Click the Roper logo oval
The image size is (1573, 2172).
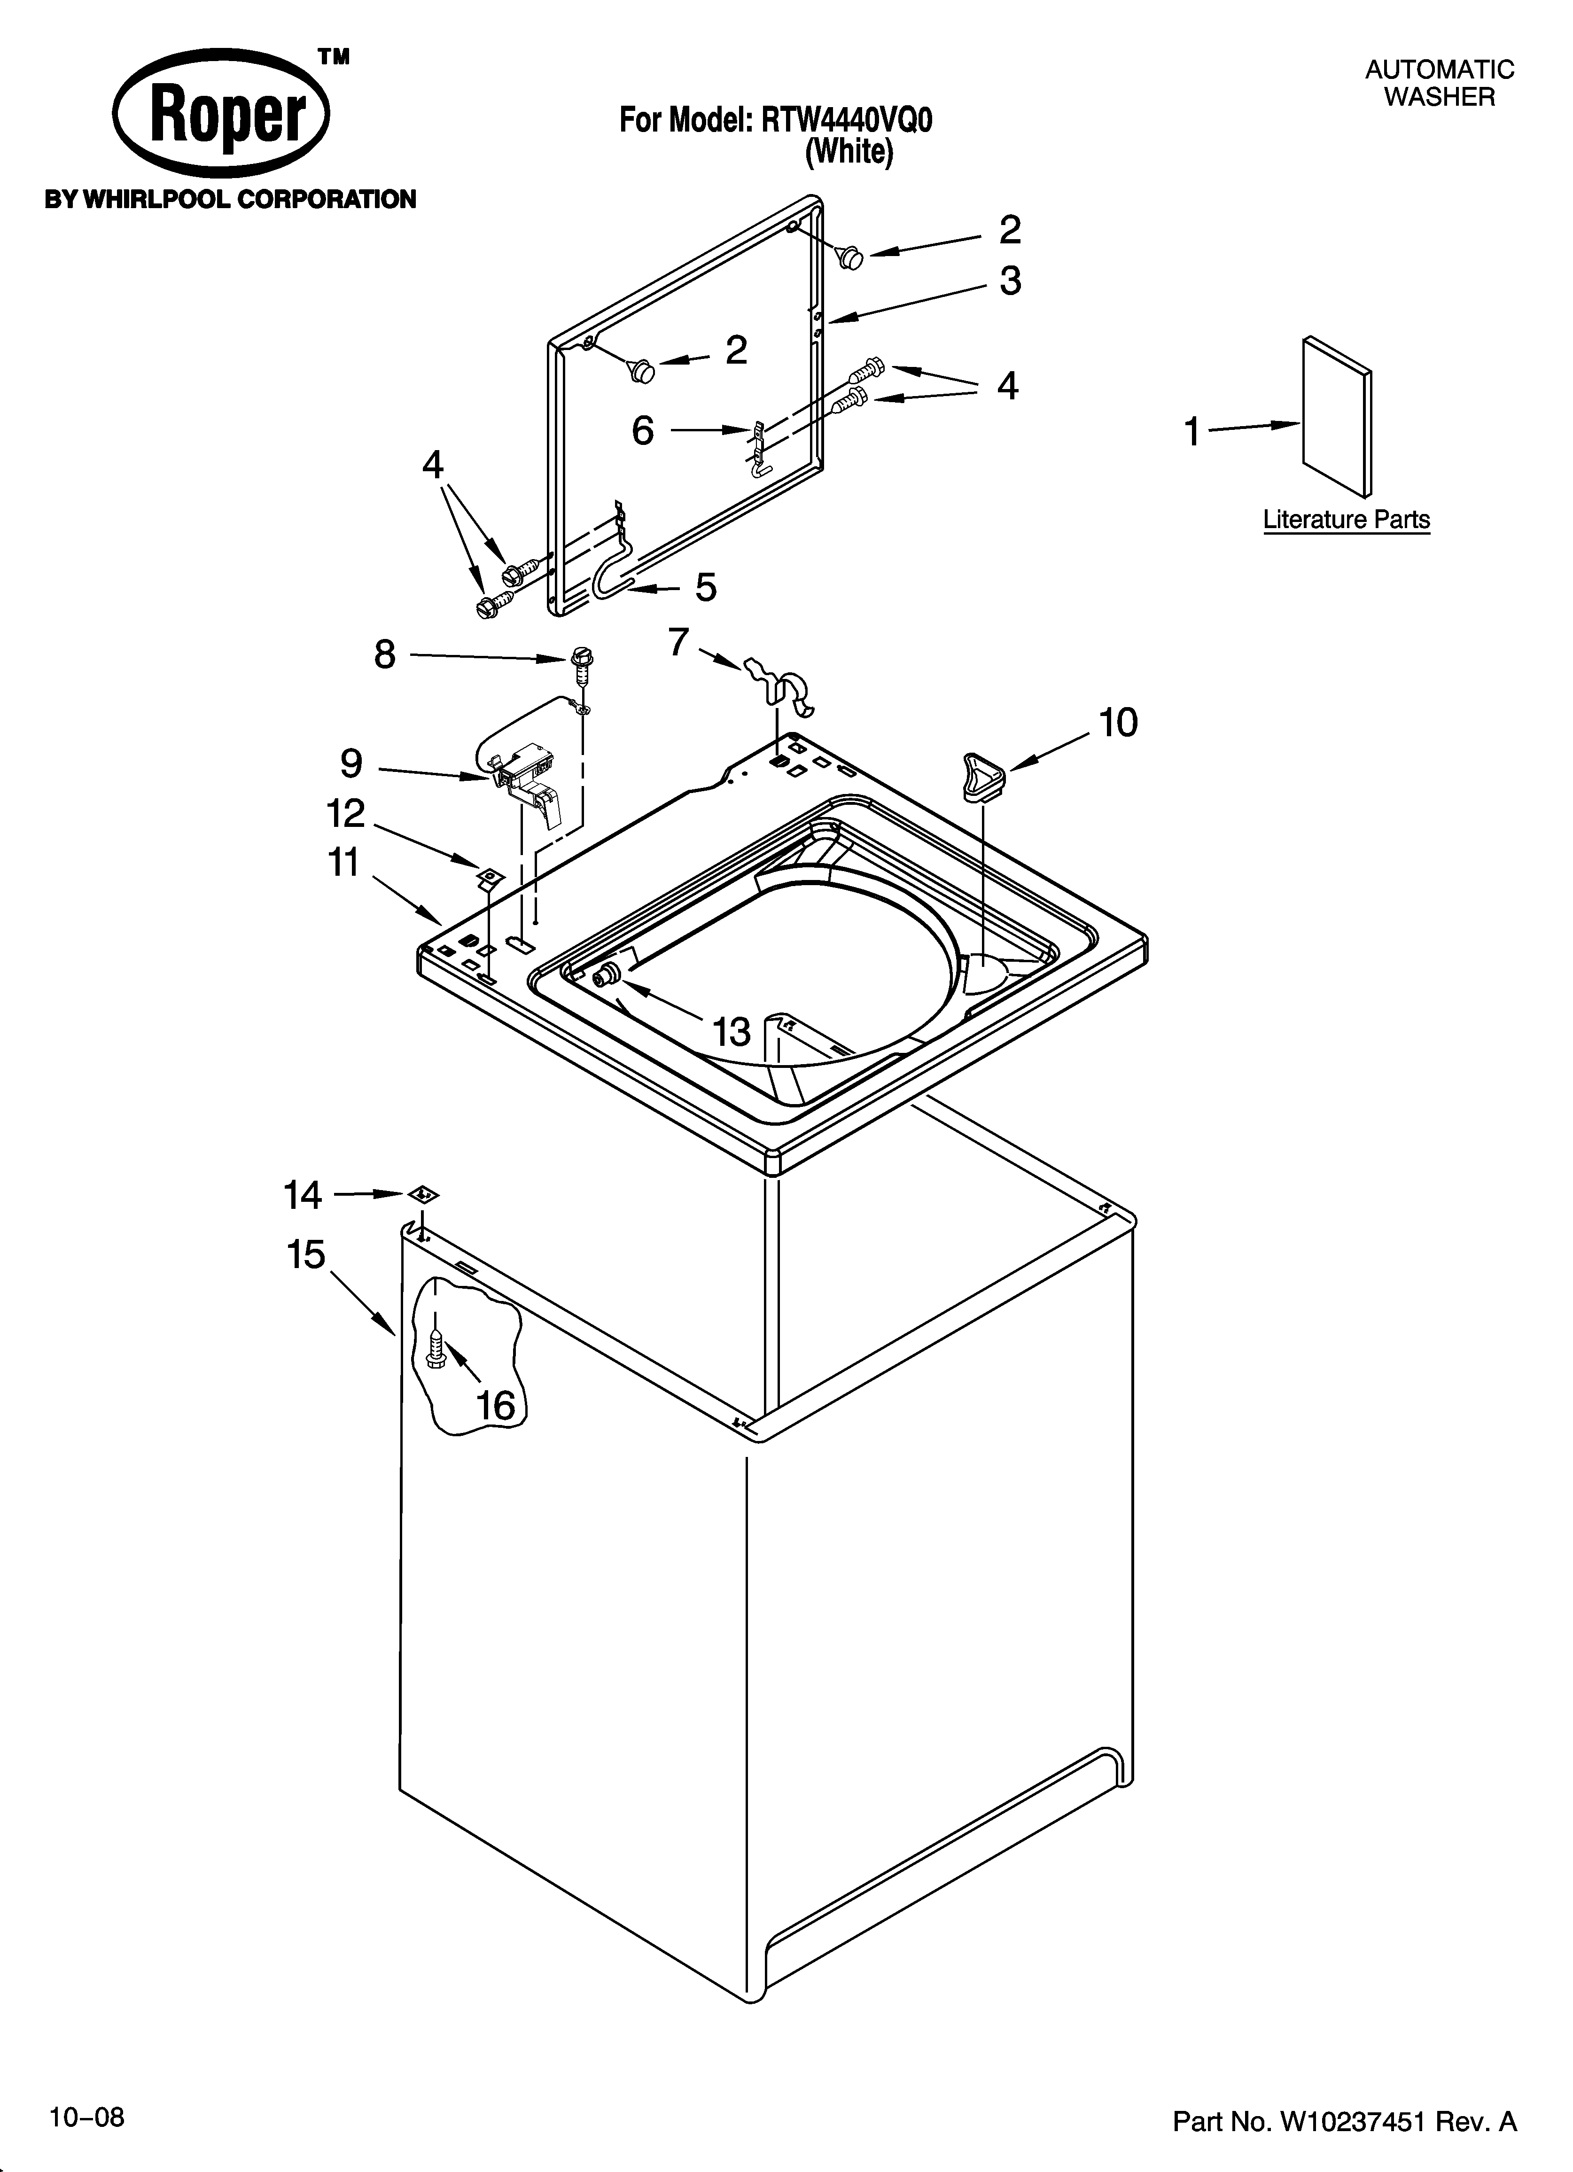pyautogui.click(x=221, y=119)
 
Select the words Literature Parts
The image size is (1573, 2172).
pyautogui.click(x=1346, y=520)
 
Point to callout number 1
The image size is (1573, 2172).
pyautogui.click(x=1191, y=432)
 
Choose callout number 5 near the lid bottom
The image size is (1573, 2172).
pyautogui.click(x=706, y=587)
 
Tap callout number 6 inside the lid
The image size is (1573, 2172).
pyautogui.click(x=643, y=431)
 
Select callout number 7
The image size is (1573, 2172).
pyautogui.click(x=678, y=642)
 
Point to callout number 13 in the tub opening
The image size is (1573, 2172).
pyautogui.click(x=732, y=1031)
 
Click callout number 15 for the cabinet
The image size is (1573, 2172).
pyautogui.click(x=306, y=1254)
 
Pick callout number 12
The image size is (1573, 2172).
pyautogui.click(x=346, y=814)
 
